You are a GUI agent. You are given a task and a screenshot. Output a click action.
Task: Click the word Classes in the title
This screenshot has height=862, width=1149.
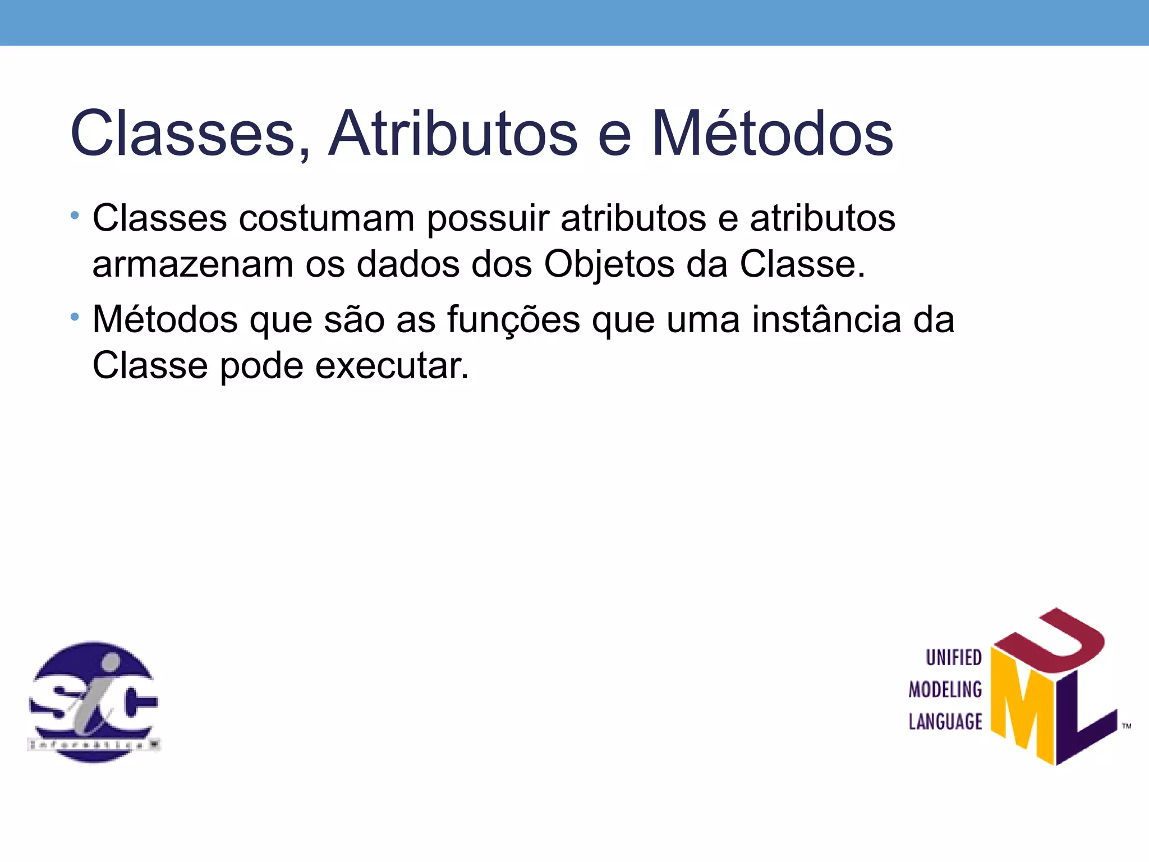(x=183, y=134)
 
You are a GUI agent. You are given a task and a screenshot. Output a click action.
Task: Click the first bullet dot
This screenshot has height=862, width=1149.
(x=75, y=215)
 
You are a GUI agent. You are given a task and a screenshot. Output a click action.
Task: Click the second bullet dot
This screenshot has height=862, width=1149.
(x=75, y=318)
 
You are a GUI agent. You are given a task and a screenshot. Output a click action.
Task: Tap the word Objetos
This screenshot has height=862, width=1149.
(x=609, y=265)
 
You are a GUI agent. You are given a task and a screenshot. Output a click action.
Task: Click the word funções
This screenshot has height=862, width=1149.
(x=513, y=320)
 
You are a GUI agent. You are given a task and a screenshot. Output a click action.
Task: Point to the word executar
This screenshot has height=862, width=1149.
(x=392, y=366)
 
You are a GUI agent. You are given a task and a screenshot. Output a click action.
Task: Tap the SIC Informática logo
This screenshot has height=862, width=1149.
(x=94, y=701)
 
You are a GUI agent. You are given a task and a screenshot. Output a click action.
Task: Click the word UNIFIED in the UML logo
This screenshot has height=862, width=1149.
(x=954, y=658)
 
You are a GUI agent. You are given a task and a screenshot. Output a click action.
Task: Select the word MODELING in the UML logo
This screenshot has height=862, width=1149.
(x=945, y=690)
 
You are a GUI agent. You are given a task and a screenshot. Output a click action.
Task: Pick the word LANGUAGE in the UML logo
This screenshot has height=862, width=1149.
(x=945, y=722)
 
